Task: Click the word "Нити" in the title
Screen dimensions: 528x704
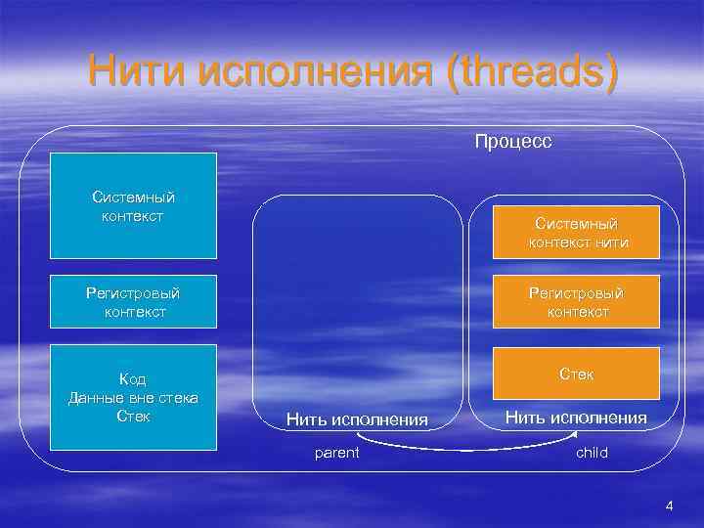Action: tap(136, 73)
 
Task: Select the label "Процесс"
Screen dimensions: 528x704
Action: tap(513, 142)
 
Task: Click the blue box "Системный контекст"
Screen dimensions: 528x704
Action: tap(133, 205)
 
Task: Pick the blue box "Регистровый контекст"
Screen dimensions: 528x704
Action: tap(133, 302)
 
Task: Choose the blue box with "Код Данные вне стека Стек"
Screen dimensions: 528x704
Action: tap(133, 397)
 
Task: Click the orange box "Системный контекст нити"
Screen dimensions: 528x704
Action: tap(576, 233)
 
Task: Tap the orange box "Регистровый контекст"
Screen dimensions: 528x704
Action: tap(576, 302)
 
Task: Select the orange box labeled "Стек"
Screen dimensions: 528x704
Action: tap(576, 374)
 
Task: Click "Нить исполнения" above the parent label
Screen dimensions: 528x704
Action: tap(357, 419)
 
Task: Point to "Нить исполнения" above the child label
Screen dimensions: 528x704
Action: tap(576, 418)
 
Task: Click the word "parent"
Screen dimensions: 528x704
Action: tap(336, 452)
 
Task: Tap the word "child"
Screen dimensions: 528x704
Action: tap(592, 452)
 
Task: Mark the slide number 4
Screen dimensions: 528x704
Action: tap(670, 506)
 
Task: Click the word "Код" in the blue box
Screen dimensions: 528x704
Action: tap(133, 379)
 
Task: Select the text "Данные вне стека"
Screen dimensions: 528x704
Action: tap(133, 397)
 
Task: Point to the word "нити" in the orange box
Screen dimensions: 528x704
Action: tap(608, 242)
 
